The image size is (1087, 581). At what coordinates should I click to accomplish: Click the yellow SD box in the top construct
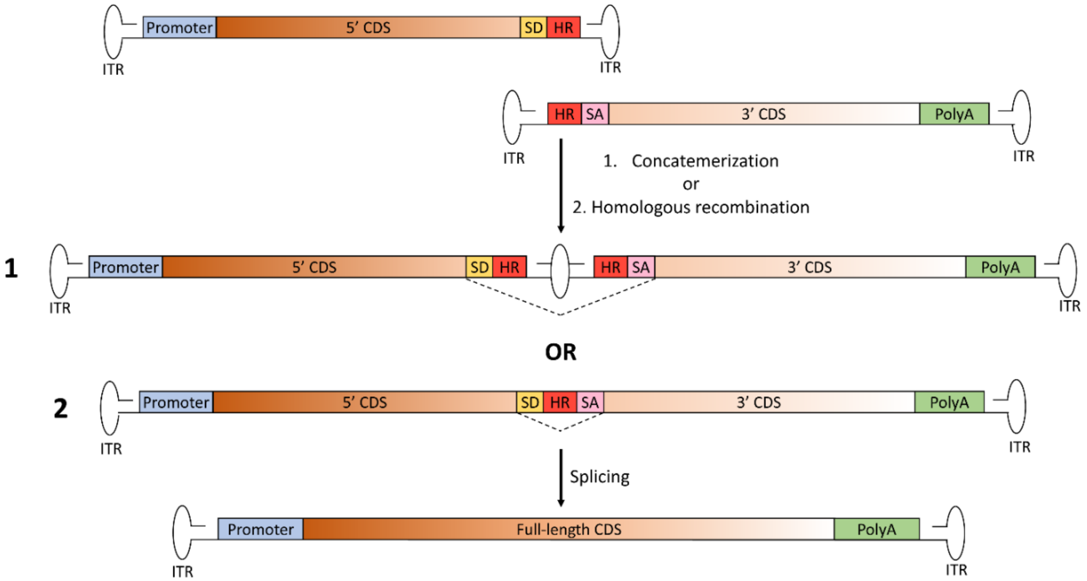pos(533,28)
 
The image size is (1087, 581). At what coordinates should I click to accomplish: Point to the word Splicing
pos(599,477)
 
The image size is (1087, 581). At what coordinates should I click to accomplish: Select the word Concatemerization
pos(705,161)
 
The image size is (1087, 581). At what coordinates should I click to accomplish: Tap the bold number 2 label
pos(60,409)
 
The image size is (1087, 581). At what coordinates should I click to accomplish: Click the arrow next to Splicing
pos(560,477)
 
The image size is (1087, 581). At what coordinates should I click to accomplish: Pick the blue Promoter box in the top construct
pos(179,28)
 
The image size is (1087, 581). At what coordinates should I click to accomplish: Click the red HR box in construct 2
pos(560,402)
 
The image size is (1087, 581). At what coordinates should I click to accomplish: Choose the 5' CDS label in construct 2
pos(364,402)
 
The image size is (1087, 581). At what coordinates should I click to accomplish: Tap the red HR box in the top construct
pos(563,28)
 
